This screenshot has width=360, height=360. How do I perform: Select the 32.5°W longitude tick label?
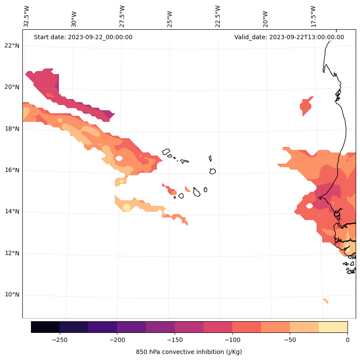[x=27, y=16]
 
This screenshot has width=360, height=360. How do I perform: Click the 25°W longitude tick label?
[x=170, y=18]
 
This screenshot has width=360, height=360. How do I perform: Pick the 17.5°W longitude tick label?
[x=313, y=16]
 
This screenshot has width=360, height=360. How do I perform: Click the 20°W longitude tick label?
[x=265, y=18]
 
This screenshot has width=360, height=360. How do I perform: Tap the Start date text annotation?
[x=83, y=37]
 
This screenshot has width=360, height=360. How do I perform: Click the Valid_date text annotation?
[x=289, y=37]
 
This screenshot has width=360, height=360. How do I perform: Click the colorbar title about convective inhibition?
[x=189, y=352]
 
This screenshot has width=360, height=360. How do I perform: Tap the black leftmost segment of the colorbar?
[x=45, y=327]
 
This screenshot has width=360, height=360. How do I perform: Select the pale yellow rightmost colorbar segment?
[x=333, y=327]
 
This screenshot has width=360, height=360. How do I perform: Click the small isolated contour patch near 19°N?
[x=306, y=106]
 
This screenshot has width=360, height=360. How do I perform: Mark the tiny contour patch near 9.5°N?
[x=325, y=301]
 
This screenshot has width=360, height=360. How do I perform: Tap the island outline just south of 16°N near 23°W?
[x=212, y=171]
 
